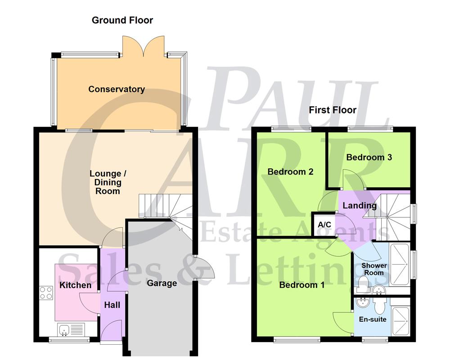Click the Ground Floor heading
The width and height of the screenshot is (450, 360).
[122, 20]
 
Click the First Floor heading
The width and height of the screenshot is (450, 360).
[333, 110]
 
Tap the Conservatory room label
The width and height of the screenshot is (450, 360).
[117, 89]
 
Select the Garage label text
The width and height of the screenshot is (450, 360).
[162, 283]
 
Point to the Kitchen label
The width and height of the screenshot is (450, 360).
[76, 285]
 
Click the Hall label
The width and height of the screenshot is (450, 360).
[112, 305]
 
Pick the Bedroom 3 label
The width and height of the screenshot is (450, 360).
[369, 157]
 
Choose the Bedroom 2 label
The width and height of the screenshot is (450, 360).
[290, 171]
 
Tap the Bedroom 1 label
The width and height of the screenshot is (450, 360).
[301, 285]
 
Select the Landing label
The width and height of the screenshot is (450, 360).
[360, 206]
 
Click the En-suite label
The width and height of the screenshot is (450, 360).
[373, 319]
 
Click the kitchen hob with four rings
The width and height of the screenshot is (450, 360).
[46, 293]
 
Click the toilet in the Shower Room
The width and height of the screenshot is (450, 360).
[363, 283]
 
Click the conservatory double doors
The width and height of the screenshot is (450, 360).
[144, 47]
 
